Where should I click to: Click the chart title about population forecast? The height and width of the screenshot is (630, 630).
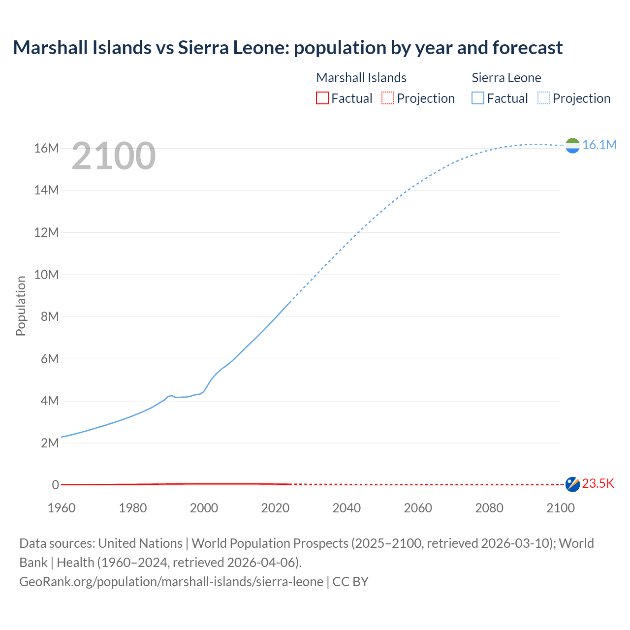pyautogui.click(x=287, y=48)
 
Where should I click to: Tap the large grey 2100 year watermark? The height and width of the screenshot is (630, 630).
pyautogui.click(x=114, y=156)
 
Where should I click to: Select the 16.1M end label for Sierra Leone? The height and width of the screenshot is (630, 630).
pyautogui.click(x=599, y=145)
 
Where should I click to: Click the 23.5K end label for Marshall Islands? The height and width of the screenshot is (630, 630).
pyautogui.click(x=598, y=483)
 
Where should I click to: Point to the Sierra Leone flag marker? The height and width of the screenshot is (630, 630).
pyautogui.click(x=572, y=145)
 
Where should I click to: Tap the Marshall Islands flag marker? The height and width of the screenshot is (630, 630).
pyautogui.click(x=572, y=484)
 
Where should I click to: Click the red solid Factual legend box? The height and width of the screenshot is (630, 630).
pyautogui.click(x=322, y=98)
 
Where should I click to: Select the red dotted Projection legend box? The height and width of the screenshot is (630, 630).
pyautogui.click(x=388, y=98)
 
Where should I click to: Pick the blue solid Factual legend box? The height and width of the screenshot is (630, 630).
pyautogui.click(x=477, y=98)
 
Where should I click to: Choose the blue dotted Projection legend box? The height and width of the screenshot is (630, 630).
pyautogui.click(x=544, y=98)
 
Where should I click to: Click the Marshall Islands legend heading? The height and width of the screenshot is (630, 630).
pyautogui.click(x=361, y=78)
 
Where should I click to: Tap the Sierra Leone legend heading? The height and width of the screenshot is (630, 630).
pyautogui.click(x=506, y=78)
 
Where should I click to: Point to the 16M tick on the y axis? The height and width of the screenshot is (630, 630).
pyautogui.click(x=46, y=148)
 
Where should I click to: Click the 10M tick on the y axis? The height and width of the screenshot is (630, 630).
pyautogui.click(x=46, y=275)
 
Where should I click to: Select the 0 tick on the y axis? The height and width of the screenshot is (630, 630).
pyautogui.click(x=55, y=485)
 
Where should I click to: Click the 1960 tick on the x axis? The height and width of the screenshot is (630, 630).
pyautogui.click(x=62, y=508)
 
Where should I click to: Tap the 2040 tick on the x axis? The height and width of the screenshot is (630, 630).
pyautogui.click(x=346, y=508)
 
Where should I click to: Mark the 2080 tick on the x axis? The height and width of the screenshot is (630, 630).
pyautogui.click(x=489, y=508)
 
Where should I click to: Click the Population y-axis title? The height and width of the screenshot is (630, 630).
pyautogui.click(x=21, y=306)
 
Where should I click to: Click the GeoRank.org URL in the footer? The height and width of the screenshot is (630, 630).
pyautogui.click(x=171, y=582)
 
